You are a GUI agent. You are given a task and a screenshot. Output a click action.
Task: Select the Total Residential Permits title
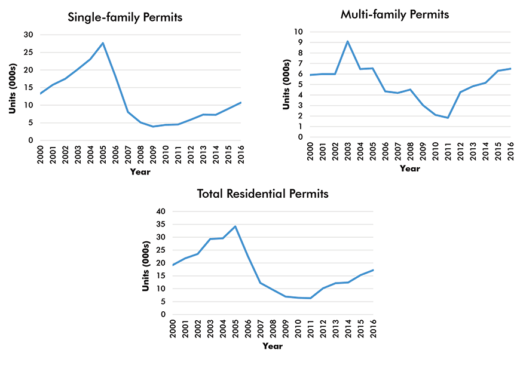(263, 194)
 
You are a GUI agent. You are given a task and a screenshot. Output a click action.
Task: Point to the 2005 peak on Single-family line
(103, 43)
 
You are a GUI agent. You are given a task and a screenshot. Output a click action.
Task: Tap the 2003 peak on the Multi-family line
(348, 41)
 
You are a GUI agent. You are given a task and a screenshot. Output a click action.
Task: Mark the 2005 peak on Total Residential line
(235, 226)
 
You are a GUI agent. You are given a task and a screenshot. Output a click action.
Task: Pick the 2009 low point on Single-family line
(153, 127)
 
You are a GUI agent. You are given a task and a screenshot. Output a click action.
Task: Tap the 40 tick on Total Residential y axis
(160, 211)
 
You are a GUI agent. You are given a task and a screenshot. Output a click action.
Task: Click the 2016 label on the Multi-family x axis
(512, 152)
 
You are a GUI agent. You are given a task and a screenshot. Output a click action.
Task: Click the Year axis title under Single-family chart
(140, 172)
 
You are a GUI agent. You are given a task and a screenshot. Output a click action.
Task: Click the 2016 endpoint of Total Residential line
(373, 270)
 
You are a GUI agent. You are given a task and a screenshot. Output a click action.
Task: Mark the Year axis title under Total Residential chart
(272, 346)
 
